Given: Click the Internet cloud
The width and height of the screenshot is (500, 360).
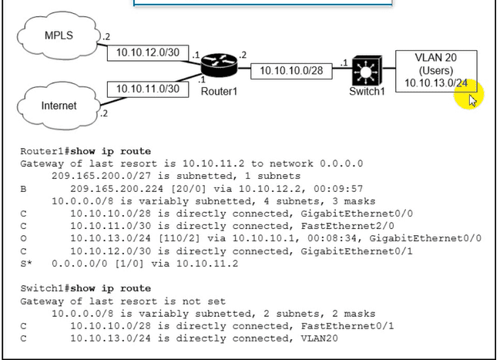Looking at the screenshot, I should coord(59,105).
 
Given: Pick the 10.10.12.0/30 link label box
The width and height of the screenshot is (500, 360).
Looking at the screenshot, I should coord(143,52).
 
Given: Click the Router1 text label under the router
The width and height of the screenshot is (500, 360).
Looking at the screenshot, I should coord(221,91).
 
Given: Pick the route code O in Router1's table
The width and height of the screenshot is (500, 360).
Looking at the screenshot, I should coord(24,238).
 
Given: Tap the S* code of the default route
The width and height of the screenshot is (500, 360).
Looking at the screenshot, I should coord(26,264).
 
